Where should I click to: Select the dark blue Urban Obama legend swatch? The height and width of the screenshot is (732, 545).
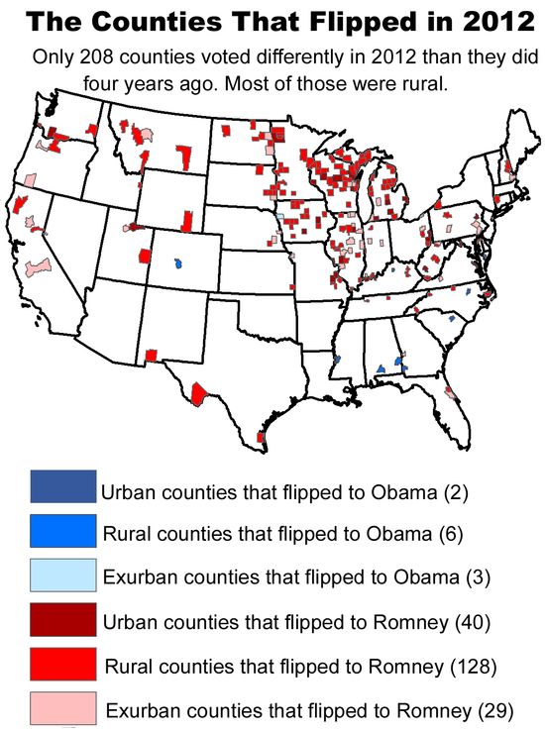point(63,486)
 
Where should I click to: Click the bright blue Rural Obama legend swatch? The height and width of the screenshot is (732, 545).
point(63,531)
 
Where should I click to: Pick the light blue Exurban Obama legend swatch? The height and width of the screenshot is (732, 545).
point(63,575)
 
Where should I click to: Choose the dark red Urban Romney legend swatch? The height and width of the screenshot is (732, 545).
point(63,620)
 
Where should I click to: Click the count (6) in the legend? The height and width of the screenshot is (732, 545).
point(451,534)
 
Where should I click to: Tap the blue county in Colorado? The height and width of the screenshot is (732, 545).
point(177,265)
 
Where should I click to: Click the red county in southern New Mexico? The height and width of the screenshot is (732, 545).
point(151,354)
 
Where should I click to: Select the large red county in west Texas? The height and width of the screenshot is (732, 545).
point(198,394)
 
